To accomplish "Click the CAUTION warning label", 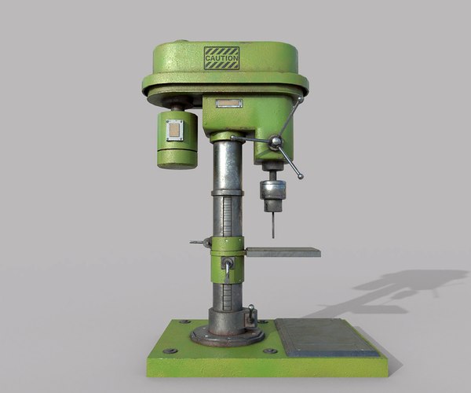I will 221,58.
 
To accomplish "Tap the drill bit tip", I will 272,235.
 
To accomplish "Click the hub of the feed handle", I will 276,142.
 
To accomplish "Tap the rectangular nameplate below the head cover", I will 229,103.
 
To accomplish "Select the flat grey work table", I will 283,252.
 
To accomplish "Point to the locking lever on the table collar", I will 228,270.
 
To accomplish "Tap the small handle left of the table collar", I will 199,243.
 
